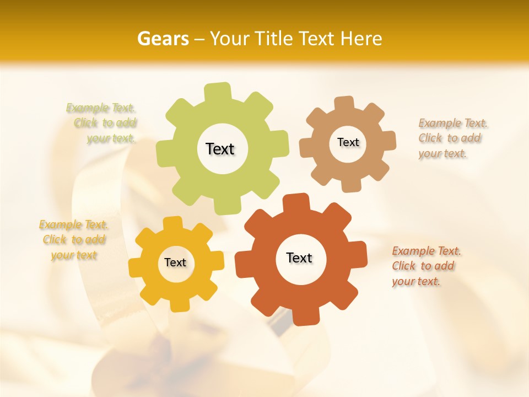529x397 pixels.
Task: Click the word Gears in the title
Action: coord(163,39)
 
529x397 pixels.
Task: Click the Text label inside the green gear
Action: coord(220,149)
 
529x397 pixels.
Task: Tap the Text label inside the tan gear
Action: coord(348,142)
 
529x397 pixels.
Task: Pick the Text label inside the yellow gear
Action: coord(175,263)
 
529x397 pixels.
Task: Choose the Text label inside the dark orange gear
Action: coord(299,258)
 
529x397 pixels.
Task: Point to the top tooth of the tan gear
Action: coord(344,103)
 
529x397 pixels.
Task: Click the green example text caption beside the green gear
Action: coord(102,123)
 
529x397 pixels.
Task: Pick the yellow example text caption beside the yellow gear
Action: coord(73,240)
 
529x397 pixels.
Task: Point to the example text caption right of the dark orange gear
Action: coord(425,266)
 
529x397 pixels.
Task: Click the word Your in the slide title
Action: coord(231,39)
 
